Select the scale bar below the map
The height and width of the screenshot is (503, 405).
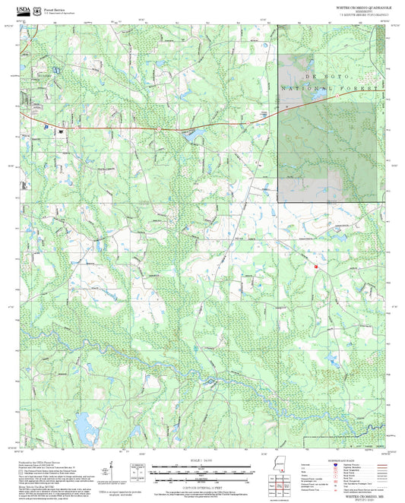[x=201, y=471]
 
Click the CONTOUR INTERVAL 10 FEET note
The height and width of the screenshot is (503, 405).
[x=201, y=485]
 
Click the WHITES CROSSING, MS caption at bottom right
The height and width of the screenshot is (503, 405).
[x=362, y=492]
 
